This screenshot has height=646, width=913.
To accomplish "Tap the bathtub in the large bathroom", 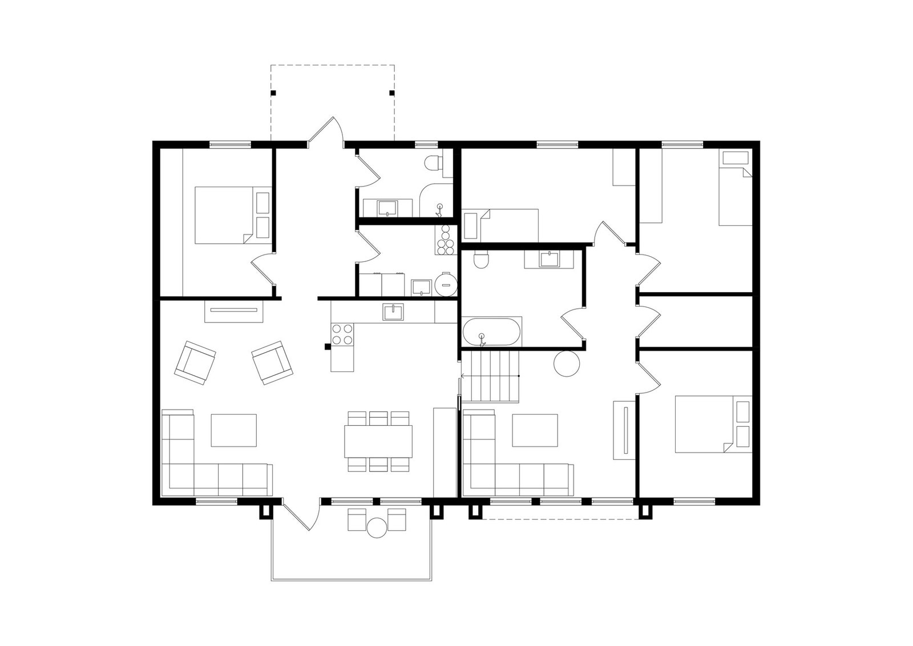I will [x=491, y=333].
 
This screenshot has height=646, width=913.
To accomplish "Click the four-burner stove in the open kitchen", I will [x=342, y=334].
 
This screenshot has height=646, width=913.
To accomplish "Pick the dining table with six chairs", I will [x=378, y=441].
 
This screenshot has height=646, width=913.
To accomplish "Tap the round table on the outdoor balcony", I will [x=377, y=528].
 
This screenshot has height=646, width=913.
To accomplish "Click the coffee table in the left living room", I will [x=233, y=430].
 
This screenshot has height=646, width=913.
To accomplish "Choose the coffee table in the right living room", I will [x=535, y=430].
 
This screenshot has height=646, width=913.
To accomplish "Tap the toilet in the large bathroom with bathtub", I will [x=482, y=259].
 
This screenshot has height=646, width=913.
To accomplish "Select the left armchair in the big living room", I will [x=195, y=362].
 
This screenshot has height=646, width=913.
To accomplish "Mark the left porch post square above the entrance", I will [x=273, y=92].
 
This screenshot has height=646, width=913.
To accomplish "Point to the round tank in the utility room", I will [x=445, y=284].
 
